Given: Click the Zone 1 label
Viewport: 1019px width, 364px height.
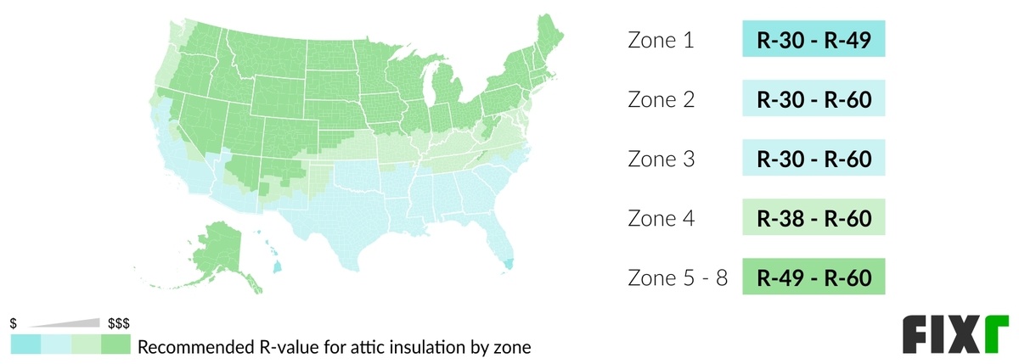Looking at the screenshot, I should [660, 41].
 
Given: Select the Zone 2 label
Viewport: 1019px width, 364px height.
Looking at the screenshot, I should [661, 99].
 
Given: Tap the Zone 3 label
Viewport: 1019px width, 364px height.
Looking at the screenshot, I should [661, 159].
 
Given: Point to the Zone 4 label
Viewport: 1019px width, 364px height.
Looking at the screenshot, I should [661, 218].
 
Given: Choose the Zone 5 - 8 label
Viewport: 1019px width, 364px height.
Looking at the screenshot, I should [677, 277].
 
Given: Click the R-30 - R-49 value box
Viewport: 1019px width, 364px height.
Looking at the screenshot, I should [814, 40].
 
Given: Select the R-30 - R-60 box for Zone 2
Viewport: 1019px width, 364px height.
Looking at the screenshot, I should [814, 99].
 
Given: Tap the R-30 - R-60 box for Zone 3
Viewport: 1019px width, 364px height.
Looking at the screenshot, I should [814, 159].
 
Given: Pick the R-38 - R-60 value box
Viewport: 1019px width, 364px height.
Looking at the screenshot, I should [814, 218].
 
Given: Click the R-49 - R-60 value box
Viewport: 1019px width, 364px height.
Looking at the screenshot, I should [814, 277].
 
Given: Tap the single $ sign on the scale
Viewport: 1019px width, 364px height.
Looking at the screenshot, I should [14, 324].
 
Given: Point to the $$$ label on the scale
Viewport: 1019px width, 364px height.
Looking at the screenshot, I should [119, 324].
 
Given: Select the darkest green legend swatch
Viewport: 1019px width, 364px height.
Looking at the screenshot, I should [115, 344].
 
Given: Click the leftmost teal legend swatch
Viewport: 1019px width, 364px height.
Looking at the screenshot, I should [25, 344].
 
